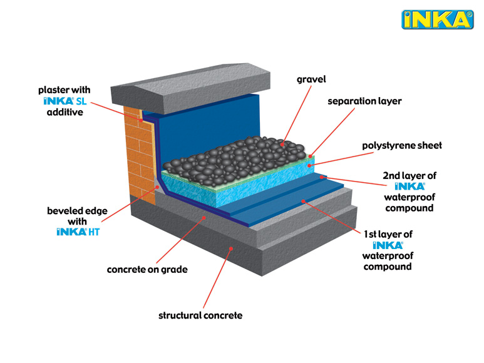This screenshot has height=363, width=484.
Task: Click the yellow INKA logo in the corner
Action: [x=438, y=19]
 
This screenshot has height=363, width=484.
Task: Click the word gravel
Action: [x=311, y=79]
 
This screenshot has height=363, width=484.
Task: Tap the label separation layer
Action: [x=364, y=101]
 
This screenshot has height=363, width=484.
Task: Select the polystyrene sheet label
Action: [x=402, y=146]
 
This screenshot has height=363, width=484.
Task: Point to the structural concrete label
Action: [x=200, y=315]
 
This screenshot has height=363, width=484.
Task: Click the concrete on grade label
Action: [x=147, y=270]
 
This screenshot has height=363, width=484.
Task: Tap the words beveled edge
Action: [x=77, y=211]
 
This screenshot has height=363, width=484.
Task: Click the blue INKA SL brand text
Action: [x=65, y=101]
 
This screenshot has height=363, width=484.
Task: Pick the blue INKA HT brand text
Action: [x=78, y=232]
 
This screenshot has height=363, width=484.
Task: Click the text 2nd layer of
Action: [x=409, y=176]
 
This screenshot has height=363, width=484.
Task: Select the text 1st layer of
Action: [x=388, y=235]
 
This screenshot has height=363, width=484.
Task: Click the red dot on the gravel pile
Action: [x=282, y=144]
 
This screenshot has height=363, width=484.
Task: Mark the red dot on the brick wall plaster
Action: [x=141, y=120]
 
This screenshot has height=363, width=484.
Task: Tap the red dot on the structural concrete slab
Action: [x=231, y=248]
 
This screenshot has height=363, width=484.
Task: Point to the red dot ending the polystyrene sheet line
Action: [x=309, y=166]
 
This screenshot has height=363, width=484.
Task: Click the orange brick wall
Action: [x=140, y=154]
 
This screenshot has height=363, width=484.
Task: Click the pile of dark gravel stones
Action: [x=236, y=160]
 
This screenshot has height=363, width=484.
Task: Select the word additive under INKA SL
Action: [x=65, y=112]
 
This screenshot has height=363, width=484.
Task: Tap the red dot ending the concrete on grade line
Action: [x=203, y=218]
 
